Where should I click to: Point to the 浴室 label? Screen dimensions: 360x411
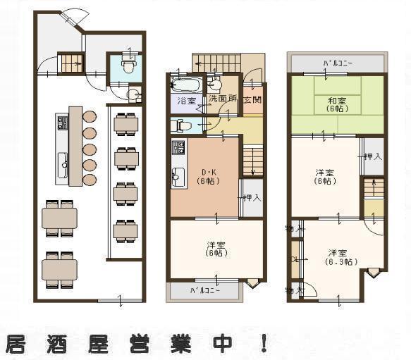click(187, 101)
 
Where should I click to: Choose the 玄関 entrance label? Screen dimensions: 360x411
click(252, 100)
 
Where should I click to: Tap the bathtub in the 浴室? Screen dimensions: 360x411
click(187, 87)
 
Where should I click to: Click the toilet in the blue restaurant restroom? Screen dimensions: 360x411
click(128, 65)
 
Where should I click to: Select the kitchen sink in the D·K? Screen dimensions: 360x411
click(178, 177)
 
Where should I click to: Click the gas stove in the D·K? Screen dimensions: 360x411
click(178, 149)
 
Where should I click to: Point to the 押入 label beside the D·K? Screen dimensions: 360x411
click(251, 198)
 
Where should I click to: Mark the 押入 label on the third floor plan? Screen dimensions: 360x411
click(373, 156)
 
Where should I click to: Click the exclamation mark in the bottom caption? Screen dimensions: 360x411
click(264, 343)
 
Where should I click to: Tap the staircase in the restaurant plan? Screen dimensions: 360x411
click(71, 63)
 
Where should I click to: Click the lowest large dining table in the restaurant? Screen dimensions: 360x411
click(59, 268)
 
